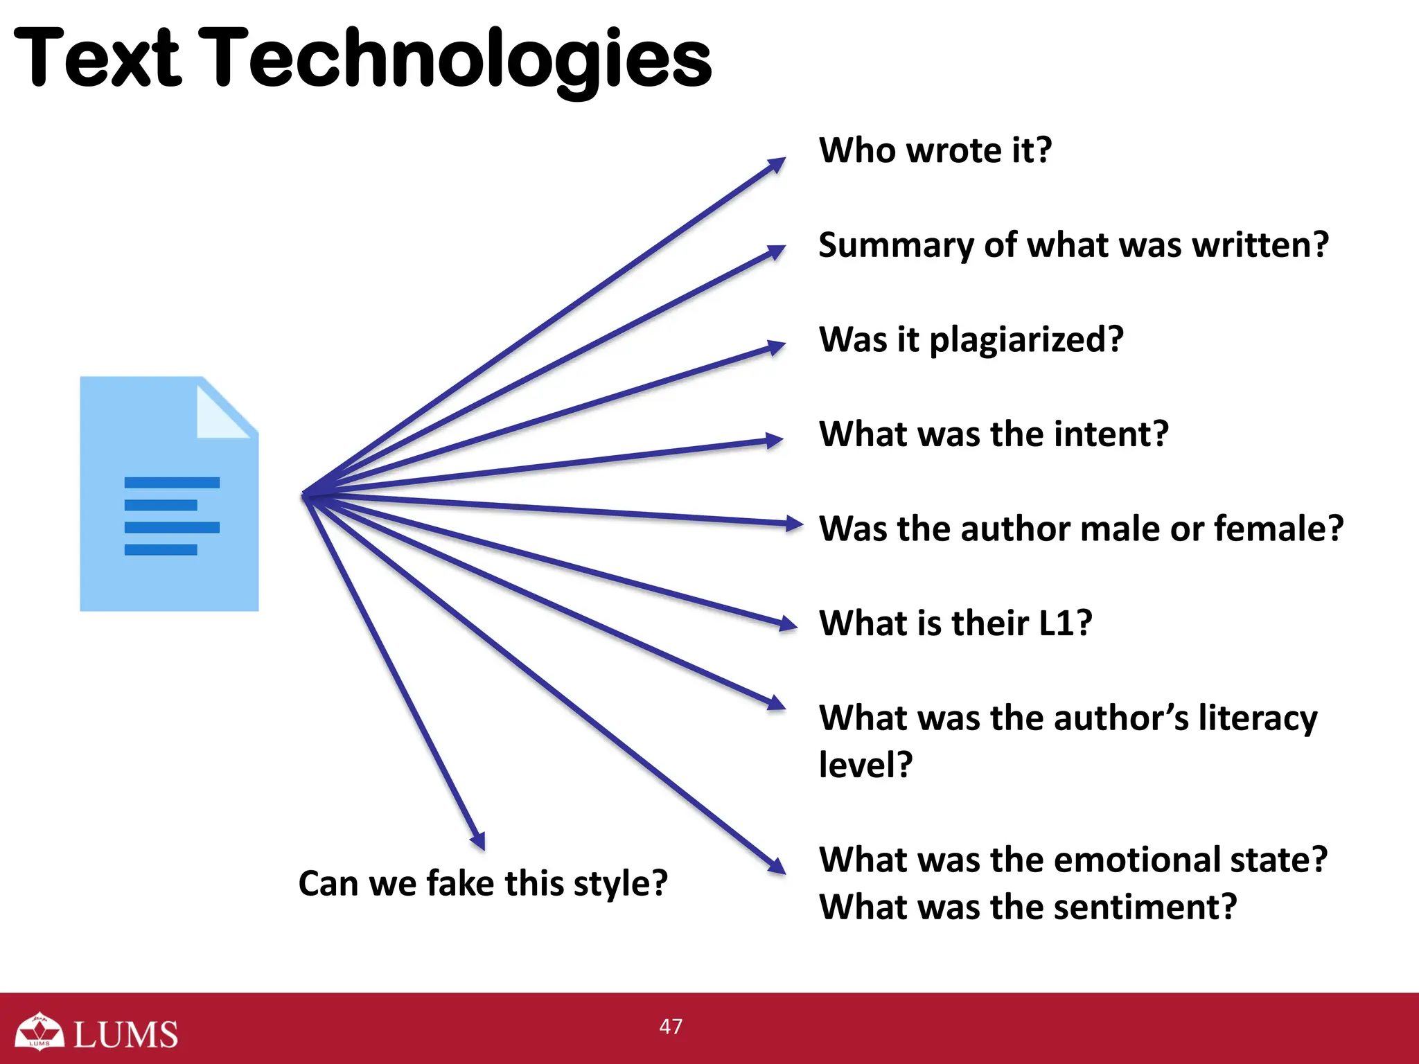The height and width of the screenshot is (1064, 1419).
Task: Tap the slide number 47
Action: (671, 1026)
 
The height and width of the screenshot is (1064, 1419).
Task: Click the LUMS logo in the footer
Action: (97, 1033)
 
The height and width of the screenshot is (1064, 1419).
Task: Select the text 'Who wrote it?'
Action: (935, 150)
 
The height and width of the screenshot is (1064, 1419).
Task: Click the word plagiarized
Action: (1025, 340)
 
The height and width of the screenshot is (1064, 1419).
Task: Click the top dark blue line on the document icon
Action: (172, 483)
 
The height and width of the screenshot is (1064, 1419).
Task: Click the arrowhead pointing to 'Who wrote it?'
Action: (777, 165)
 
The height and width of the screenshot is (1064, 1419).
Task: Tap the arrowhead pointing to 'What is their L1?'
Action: (788, 624)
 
